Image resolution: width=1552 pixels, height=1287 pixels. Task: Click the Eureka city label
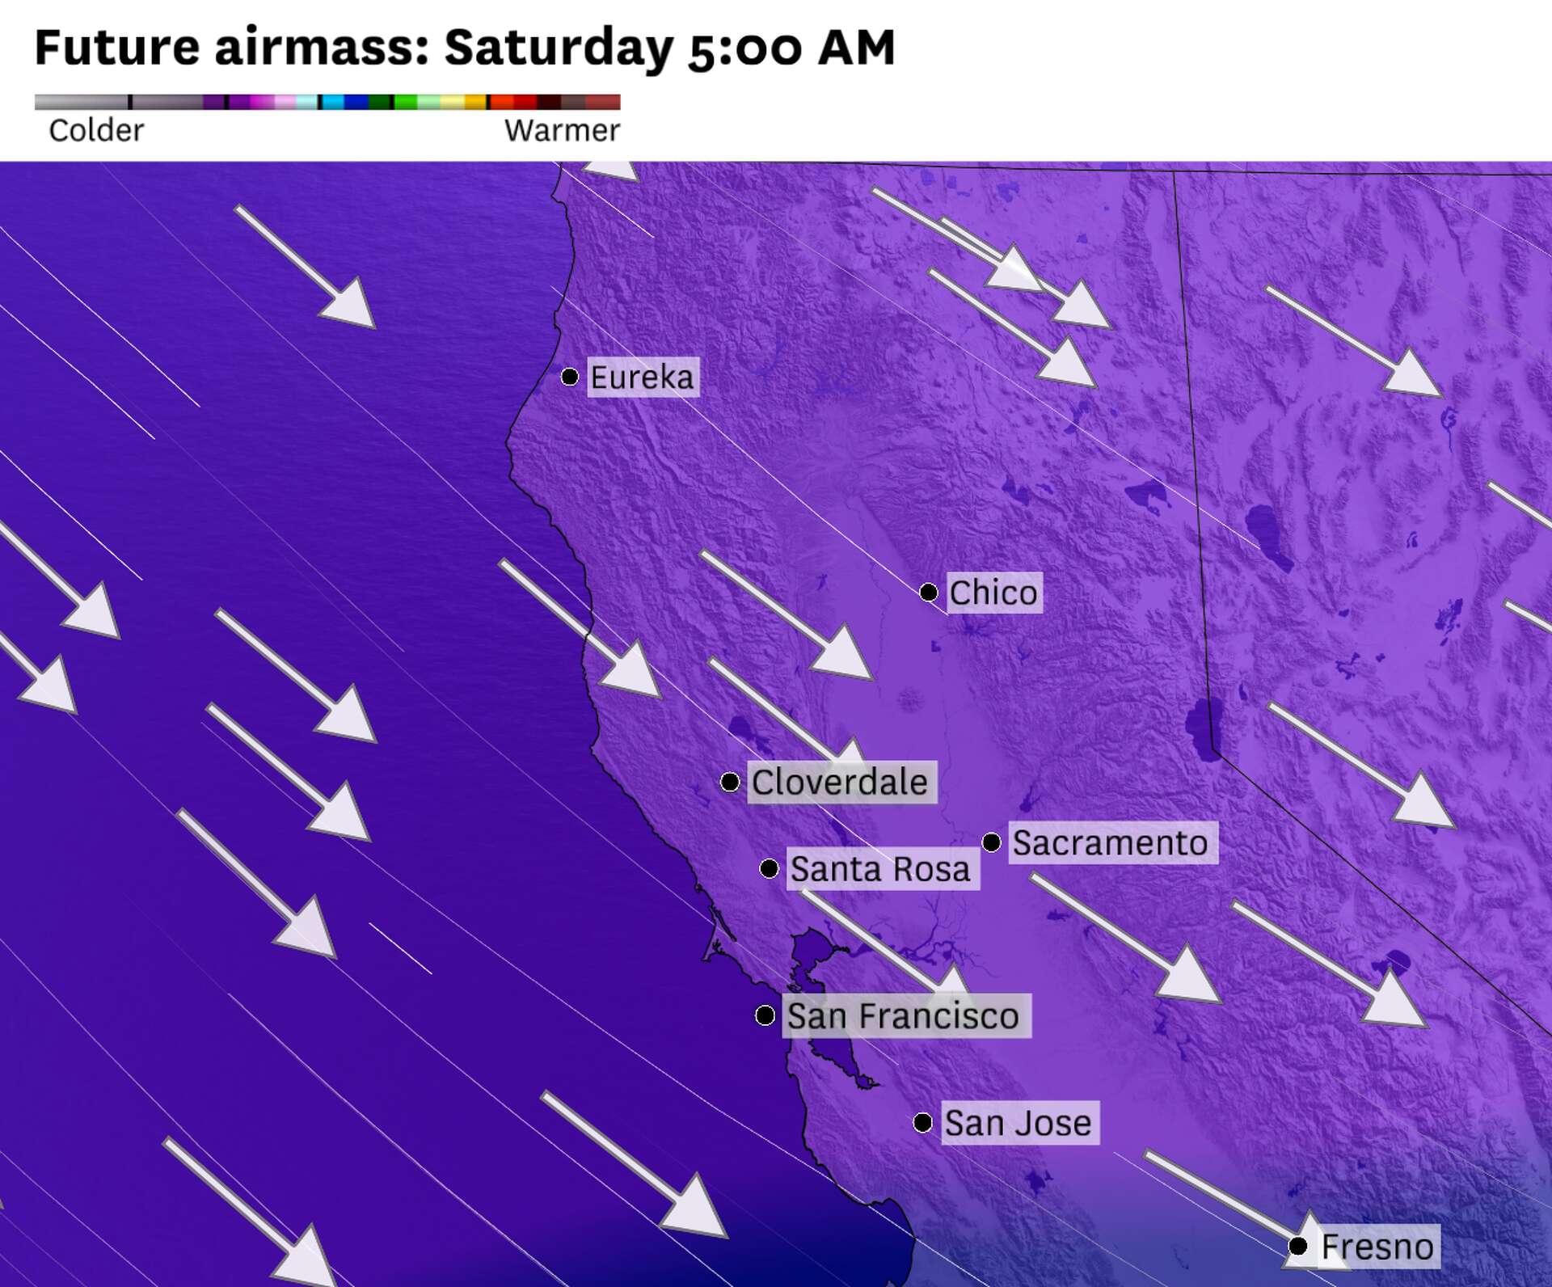[643, 377]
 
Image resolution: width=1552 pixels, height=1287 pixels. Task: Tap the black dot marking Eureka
[570, 377]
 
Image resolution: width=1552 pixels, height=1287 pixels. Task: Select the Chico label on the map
[993, 593]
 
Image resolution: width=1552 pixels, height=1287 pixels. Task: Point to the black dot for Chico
[929, 593]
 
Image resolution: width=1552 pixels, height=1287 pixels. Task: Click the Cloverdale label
[841, 782]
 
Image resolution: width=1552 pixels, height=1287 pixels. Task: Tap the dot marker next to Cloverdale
[730, 782]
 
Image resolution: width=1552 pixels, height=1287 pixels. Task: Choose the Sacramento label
[1111, 843]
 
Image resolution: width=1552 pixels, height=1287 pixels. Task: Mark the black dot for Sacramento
[992, 842]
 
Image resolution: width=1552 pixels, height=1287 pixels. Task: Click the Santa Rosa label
[881, 869]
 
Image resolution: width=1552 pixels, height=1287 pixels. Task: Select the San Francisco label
[904, 1015]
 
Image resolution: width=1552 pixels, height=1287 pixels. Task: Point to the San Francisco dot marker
[765, 1015]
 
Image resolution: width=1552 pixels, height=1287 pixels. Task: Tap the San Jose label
[1018, 1123]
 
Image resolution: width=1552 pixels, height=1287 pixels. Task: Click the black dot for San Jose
[923, 1122]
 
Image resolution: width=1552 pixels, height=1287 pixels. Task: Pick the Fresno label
[1377, 1247]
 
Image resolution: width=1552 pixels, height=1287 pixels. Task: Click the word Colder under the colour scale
[96, 130]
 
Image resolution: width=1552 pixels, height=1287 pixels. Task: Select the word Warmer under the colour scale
[562, 130]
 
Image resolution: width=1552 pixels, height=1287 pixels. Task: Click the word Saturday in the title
[559, 47]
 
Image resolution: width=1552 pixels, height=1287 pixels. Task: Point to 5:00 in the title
[744, 47]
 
